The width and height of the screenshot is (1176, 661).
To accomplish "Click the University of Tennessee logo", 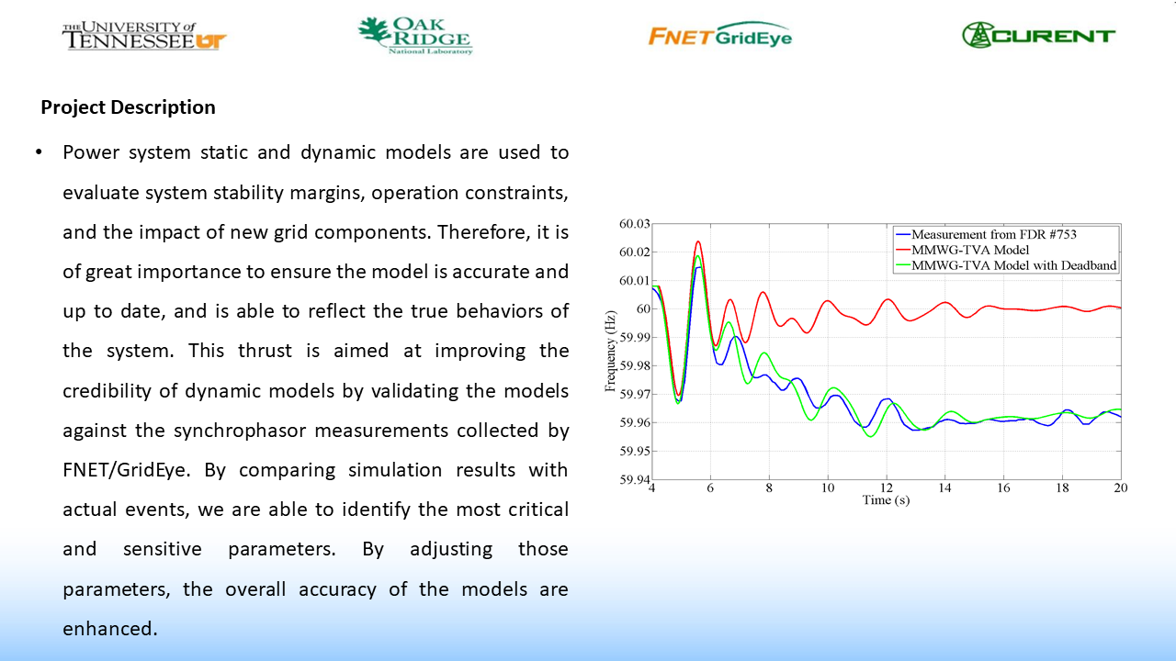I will coord(143,37).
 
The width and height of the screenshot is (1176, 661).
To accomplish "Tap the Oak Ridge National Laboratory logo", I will coord(414,36).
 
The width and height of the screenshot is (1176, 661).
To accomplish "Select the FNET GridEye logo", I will coord(719,36).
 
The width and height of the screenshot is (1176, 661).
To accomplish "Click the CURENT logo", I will coord(1038,36).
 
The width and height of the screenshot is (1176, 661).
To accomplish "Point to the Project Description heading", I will coord(128,107).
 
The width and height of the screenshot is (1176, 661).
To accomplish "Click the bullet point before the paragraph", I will coord(39,152).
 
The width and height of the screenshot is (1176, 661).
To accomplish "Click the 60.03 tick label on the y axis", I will coord(634,224).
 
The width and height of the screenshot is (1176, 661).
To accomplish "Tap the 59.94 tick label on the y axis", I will coord(634,479).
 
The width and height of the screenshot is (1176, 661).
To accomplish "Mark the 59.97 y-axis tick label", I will coord(634,395).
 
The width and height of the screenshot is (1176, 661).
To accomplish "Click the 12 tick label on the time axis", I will coord(886,487).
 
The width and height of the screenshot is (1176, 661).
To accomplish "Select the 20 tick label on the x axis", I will coord(1120,487).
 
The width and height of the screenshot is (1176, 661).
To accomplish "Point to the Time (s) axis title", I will coord(886,500).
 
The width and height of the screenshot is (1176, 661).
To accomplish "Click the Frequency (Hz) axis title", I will coord(610,352).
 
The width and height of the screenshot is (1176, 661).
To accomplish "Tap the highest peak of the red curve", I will coord(698,242).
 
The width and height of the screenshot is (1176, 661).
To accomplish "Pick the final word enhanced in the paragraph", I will coord(110,629).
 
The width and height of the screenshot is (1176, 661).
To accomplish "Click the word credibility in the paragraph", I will coord(118,391).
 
